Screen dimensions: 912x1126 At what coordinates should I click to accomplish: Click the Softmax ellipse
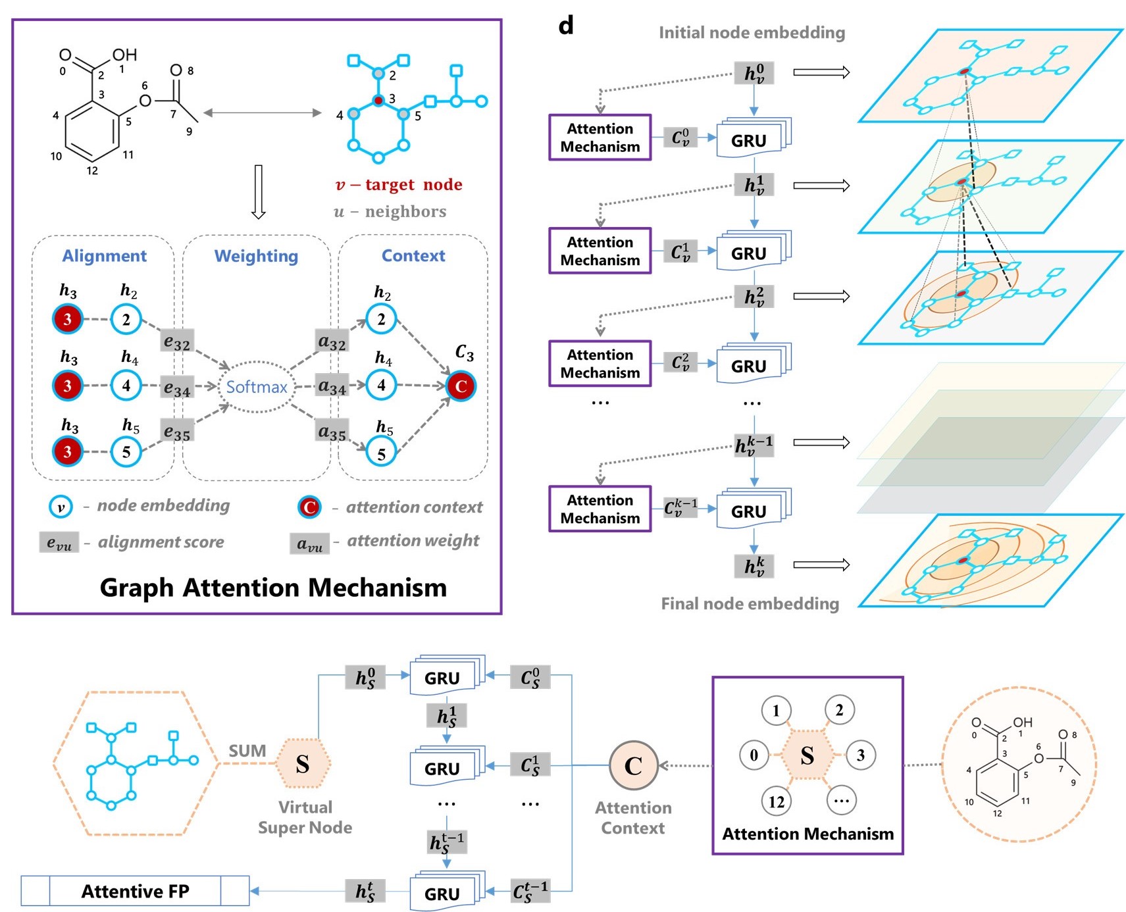pyautogui.click(x=257, y=387)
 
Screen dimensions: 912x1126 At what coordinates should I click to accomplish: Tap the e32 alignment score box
pyautogui.click(x=177, y=342)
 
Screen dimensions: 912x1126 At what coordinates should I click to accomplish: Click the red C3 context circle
pyautogui.click(x=461, y=386)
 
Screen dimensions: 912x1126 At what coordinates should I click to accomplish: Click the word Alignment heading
pyautogui.click(x=104, y=255)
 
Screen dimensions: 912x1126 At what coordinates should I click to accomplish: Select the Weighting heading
pyautogui.click(x=256, y=255)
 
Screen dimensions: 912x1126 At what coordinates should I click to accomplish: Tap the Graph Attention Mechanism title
pyautogui.click(x=273, y=587)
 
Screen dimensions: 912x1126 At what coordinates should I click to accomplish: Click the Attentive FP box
pyautogui.click(x=135, y=891)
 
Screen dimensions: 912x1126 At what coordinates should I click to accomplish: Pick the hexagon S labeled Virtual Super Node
pyautogui.click(x=303, y=764)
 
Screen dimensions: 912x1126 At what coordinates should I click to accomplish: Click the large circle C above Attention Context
pyautogui.click(x=633, y=765)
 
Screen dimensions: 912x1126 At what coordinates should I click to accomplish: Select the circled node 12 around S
pyautogui.click(x=777, y=801)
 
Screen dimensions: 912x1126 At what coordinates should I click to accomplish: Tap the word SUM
pyautogui.click(x=247, y=751)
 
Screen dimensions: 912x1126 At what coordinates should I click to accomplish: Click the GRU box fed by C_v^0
pyautogui.click(x=749, y=140)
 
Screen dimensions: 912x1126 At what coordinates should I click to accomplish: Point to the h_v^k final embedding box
pyautogui.click(x=754, y=565)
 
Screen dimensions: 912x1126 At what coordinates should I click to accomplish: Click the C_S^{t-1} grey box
pyautogui.click(x=530, y=891)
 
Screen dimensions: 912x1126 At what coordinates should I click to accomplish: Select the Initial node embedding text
pyautogui.click(x=752, y=32)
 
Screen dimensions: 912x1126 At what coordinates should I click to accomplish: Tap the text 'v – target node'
pyautogui.click(x=399, y=184)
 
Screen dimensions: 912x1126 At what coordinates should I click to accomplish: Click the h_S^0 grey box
pyautogui.click(x=365, y=677)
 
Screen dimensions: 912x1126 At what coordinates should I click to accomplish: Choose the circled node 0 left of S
pyautogui.click(x=754, y=755)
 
